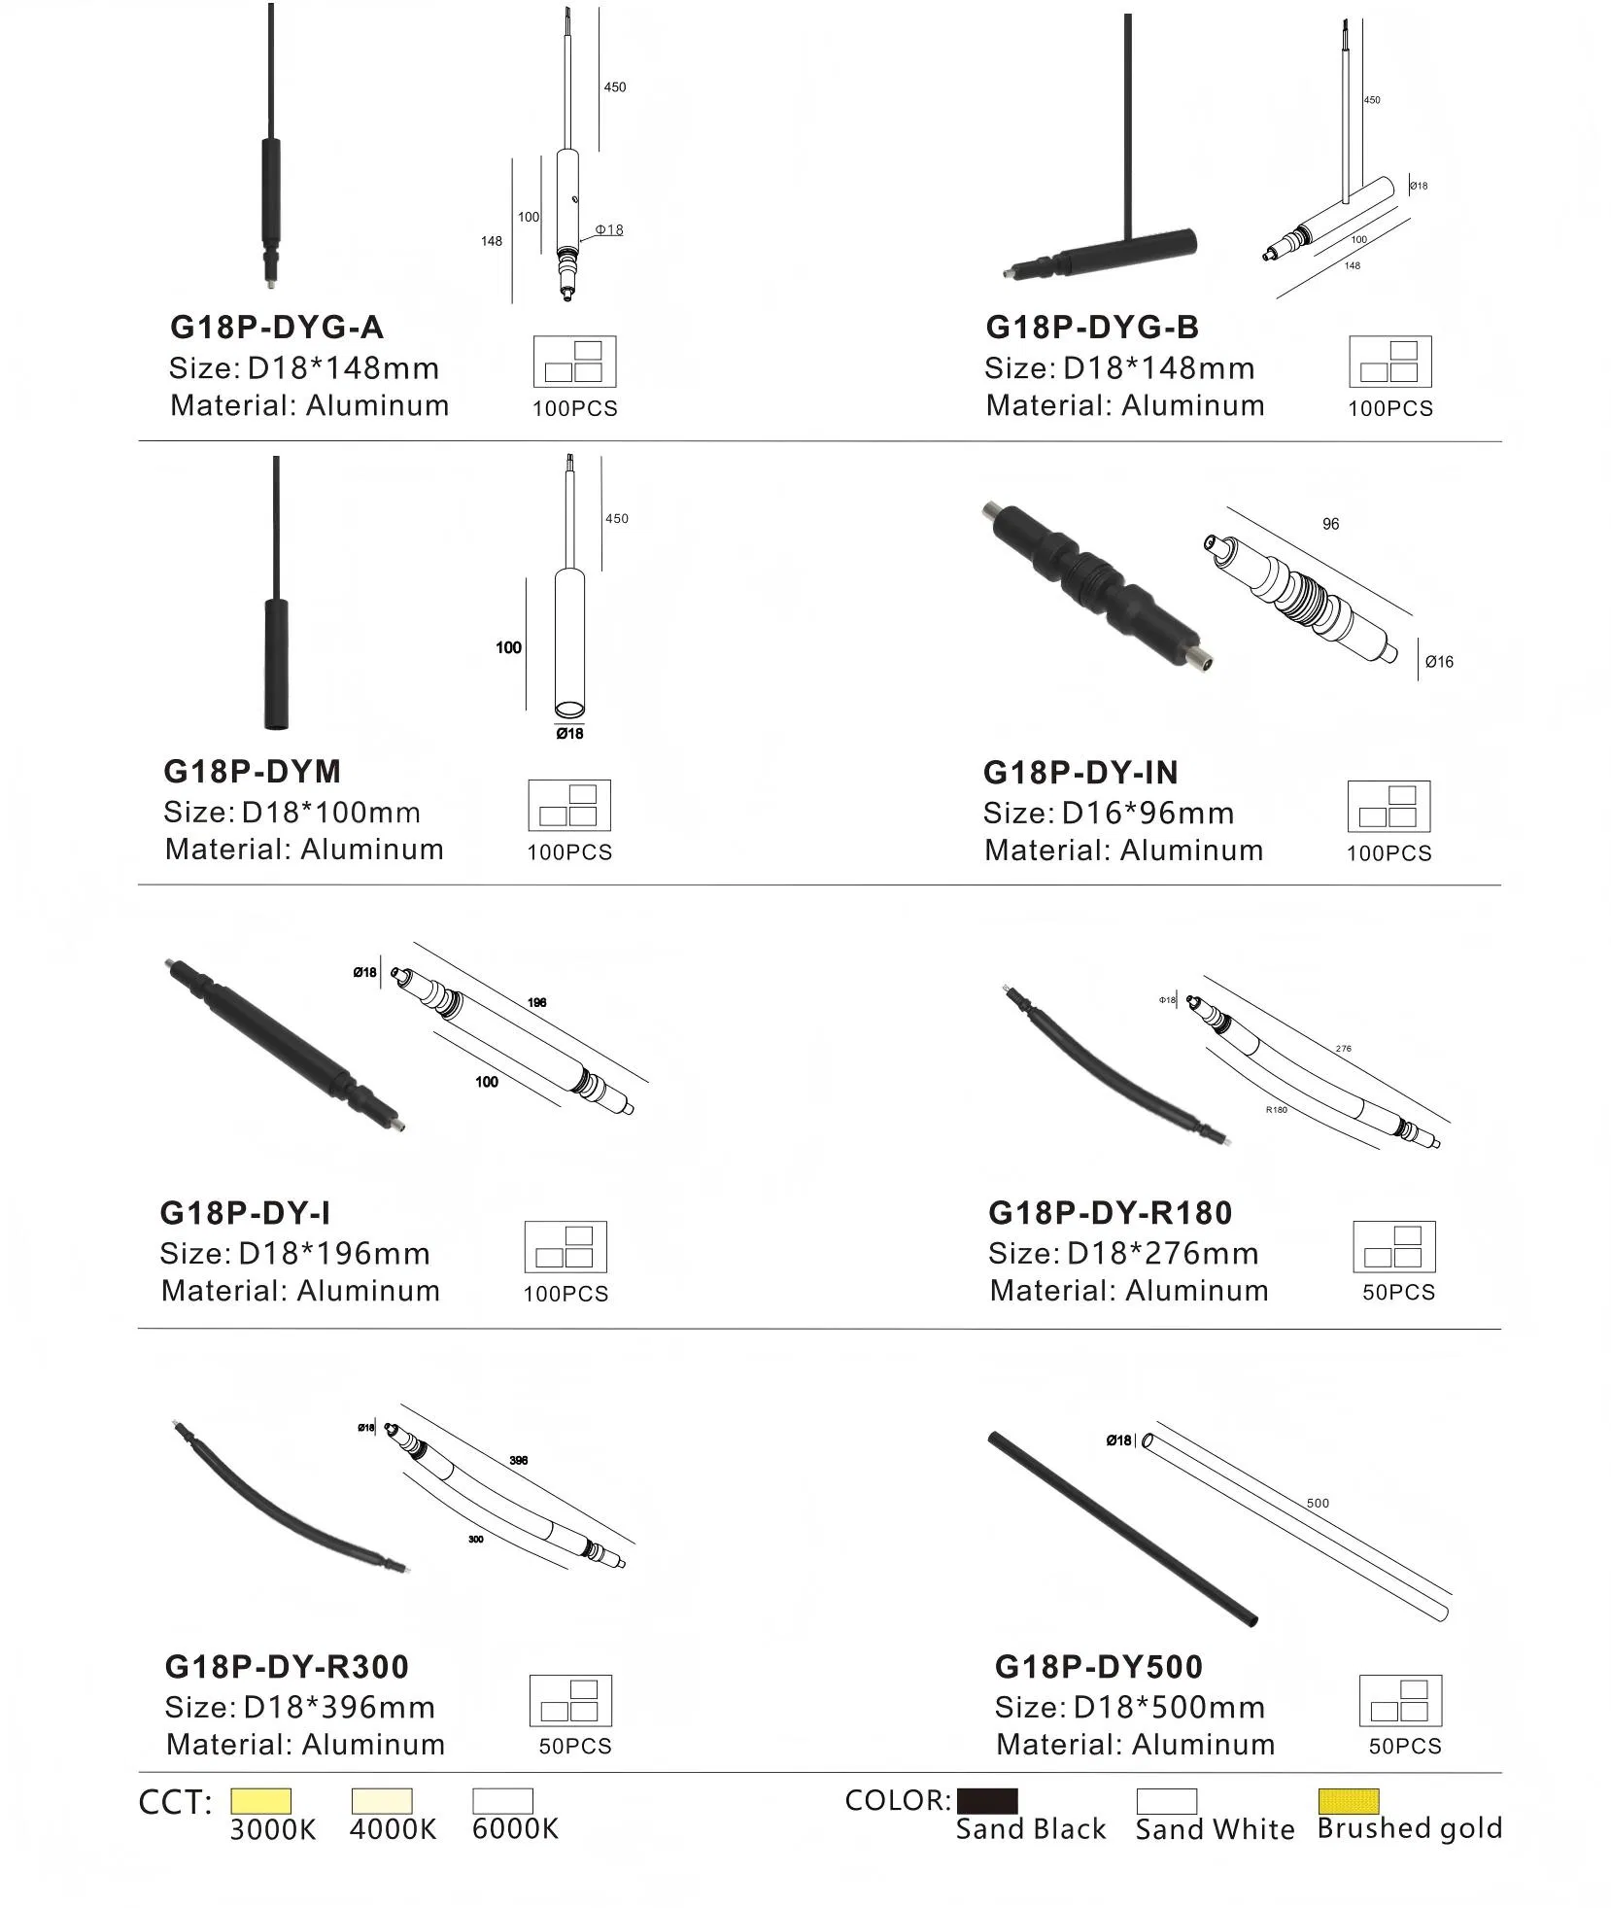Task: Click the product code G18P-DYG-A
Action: [x=277, y=328]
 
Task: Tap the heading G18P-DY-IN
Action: [x=1080, y=773]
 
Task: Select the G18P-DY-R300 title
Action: [x=287, y=1666]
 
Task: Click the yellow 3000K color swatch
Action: [x=260, y=1800]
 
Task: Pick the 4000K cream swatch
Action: [x=382, y=1800]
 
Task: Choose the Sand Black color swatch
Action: [x=987, y=1800]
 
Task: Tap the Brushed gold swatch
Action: [x=1348, y=1800]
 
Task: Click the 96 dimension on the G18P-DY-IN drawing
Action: [x=1330, y=524]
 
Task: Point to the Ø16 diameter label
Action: [x=1439, y=662]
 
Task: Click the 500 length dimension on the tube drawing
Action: [x=1318, y=1503]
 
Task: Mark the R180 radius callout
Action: [x=1276, y=1109]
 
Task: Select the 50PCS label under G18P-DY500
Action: [x=1405, y=1746]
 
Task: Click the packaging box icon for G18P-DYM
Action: [x=569, y=805]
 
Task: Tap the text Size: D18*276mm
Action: [x=1123, y=1254]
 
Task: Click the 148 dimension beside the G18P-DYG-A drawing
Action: [x=492, y=241]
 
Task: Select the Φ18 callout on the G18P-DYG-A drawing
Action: [x=609, y=230]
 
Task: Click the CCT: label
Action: [x=175, y=1802]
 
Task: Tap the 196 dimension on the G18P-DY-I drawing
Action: [x=537, y=1002]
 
